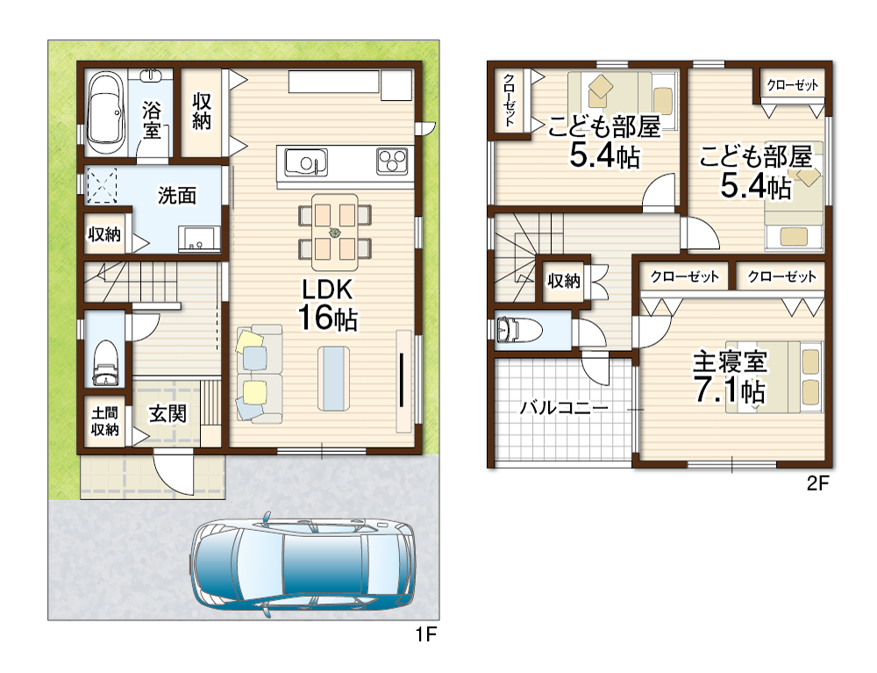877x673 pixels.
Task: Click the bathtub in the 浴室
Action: click(106, 112)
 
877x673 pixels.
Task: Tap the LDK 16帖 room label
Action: click(328, 304)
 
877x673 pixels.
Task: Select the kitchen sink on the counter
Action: click(306, 162)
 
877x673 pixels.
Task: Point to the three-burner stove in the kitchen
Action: click(392, 161)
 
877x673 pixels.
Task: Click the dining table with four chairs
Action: click(334, 233)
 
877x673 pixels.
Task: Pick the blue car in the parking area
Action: click(303, 565)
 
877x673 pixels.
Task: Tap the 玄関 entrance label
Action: click(168, 414)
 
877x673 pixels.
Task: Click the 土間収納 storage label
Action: click(105, 421)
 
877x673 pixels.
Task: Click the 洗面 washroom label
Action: click(177, 196)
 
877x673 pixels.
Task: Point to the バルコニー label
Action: click(564, 407)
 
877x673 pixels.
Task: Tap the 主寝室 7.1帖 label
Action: click(730, 376)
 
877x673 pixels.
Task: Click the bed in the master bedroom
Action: click(774, 377)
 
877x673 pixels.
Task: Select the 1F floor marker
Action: click(425, 634)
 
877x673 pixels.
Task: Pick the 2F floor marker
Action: click(817, 483)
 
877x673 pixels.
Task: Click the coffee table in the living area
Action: click(334, 379)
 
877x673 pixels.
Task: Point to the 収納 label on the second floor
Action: click(564, 281)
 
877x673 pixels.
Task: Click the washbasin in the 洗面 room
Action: click(198, 239)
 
